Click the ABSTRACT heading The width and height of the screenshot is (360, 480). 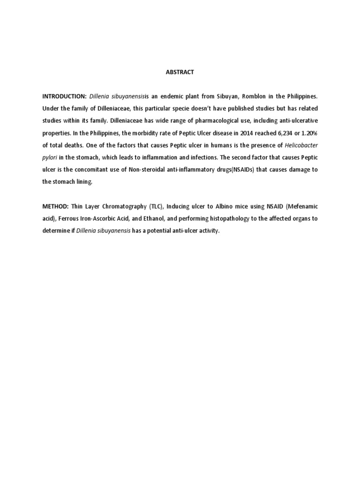point(180,72)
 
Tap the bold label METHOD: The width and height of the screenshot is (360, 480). point(55,206)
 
